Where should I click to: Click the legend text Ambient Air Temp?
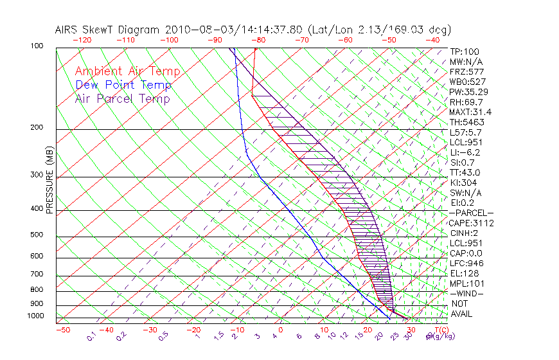click(x=127, y=71)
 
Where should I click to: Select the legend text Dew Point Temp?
click(x=123, y=85)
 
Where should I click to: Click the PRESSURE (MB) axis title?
click(x=49, y=180)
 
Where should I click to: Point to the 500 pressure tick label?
click(x=37, y=235)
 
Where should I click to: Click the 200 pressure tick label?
click(x=37, y=128)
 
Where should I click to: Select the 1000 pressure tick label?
click(x=35, y=316)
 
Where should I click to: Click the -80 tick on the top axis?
click(x=258, y=40)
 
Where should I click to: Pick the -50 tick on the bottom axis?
click(x=62, y=330)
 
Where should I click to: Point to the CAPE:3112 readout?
click(x=471, y=223)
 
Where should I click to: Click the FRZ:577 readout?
click(x=466, y=71)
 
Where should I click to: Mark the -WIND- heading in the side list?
click(x=468, y=293)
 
